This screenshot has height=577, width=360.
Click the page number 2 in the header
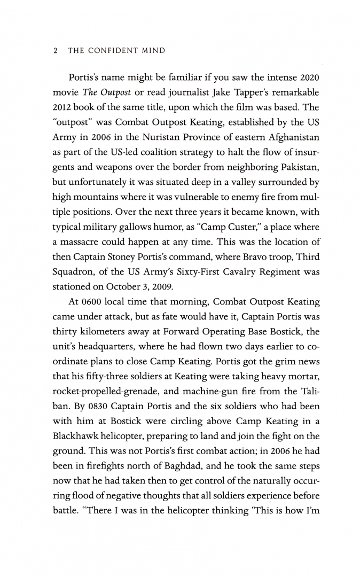click(x=56, y=51)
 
